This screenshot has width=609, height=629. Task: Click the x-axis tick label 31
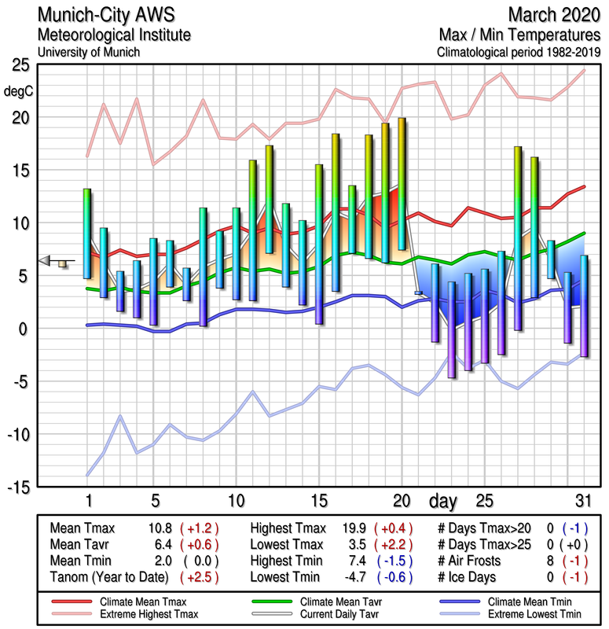click(x=581, y=501)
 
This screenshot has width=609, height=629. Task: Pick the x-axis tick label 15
click(x=318, y=501)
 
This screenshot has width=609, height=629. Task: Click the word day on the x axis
click(x=444, y=501)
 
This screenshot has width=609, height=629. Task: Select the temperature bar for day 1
click(x=87, y=234)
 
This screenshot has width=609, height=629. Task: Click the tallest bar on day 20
click(x=402, y=184)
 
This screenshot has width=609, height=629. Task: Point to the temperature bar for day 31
click(x=584, y=306)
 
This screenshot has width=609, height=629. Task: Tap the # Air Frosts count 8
click(x=552, y=560)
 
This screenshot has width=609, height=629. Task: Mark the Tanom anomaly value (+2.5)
click(x=200, y=576)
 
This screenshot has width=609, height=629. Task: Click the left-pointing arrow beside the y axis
click(x=46, y=260)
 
